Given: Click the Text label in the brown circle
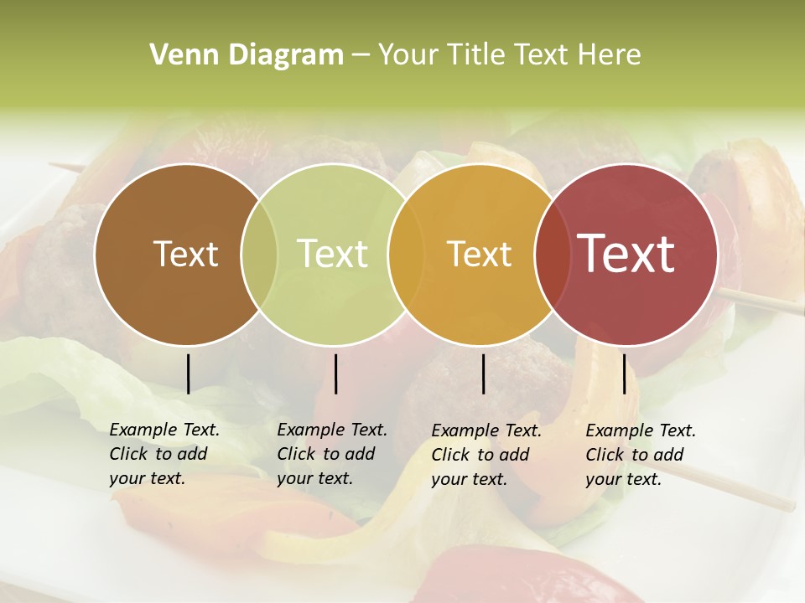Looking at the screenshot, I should point(185,254).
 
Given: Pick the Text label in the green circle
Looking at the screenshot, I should point(332,254).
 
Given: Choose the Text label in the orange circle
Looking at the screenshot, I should point(479,254).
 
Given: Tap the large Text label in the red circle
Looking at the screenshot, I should point(626,253).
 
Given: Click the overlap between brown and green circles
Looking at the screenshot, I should point(259,254).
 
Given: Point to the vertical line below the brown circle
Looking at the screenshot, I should point(188,374).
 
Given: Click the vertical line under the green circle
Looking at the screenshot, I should point(335,374).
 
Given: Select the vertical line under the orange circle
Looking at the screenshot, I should point(483,374).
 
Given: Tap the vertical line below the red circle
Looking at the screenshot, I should point(624,374).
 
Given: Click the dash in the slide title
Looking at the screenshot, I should point(361,55).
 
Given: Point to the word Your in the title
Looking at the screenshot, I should point(408,55).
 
